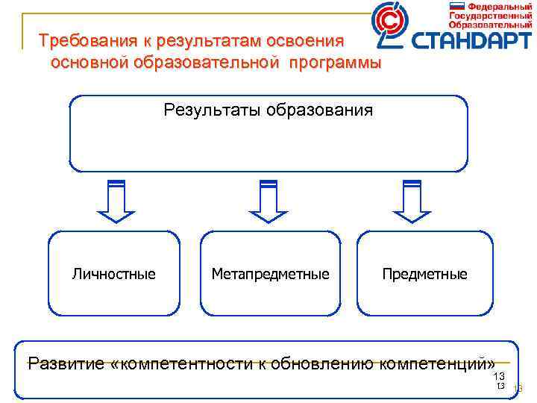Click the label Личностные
[x=114, y=274]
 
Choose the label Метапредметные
[x=270, y=274]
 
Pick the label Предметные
[x=424, y=274]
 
